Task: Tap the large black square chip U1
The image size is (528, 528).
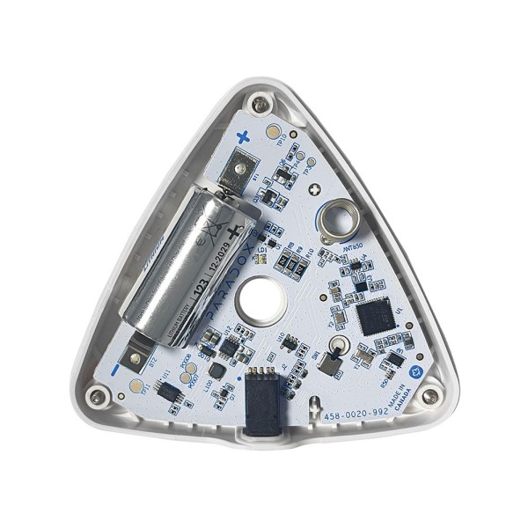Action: [x=376, y=315]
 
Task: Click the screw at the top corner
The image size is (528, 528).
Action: [x=258, y=105]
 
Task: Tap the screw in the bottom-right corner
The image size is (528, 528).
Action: [x=429, y=396]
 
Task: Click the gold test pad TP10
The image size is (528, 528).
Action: [x=272, y=130]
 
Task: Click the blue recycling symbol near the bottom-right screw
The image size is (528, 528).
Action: [x=419, y=372]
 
